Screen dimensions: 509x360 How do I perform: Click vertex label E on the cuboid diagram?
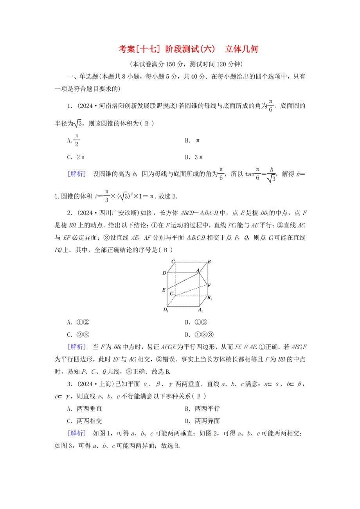tap(164, 290)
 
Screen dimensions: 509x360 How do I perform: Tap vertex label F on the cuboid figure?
tap(210, 285)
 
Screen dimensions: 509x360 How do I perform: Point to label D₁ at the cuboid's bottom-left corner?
tap(165, 310)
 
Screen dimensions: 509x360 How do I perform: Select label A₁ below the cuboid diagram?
tap(200, 311)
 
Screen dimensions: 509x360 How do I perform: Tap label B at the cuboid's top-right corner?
tap(209, 262)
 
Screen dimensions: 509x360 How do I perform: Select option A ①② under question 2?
tap(79, 323)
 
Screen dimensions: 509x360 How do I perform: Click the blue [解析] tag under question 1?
tap(77, 174)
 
